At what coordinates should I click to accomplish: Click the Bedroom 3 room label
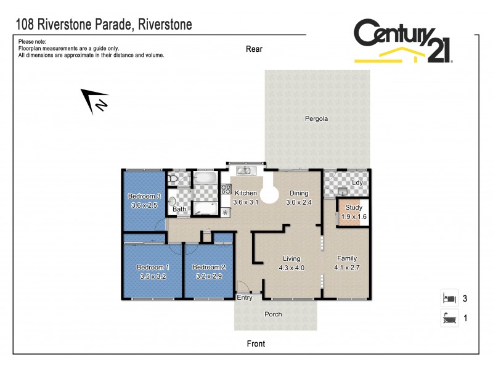[144, 196]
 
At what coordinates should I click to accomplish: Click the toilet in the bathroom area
[173, 179]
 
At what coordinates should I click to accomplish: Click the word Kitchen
[245, 193]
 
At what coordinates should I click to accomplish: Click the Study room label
[354, 208]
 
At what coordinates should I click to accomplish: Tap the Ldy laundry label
[357, 183]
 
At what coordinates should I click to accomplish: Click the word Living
[291, 258]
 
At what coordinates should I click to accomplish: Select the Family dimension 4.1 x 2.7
[346, 268]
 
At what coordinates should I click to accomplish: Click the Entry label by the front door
[245, 298]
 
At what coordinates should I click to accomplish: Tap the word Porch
[273, 314]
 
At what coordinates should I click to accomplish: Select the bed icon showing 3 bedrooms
[449, 298]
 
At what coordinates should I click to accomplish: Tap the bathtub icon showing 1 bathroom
[449, 319]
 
